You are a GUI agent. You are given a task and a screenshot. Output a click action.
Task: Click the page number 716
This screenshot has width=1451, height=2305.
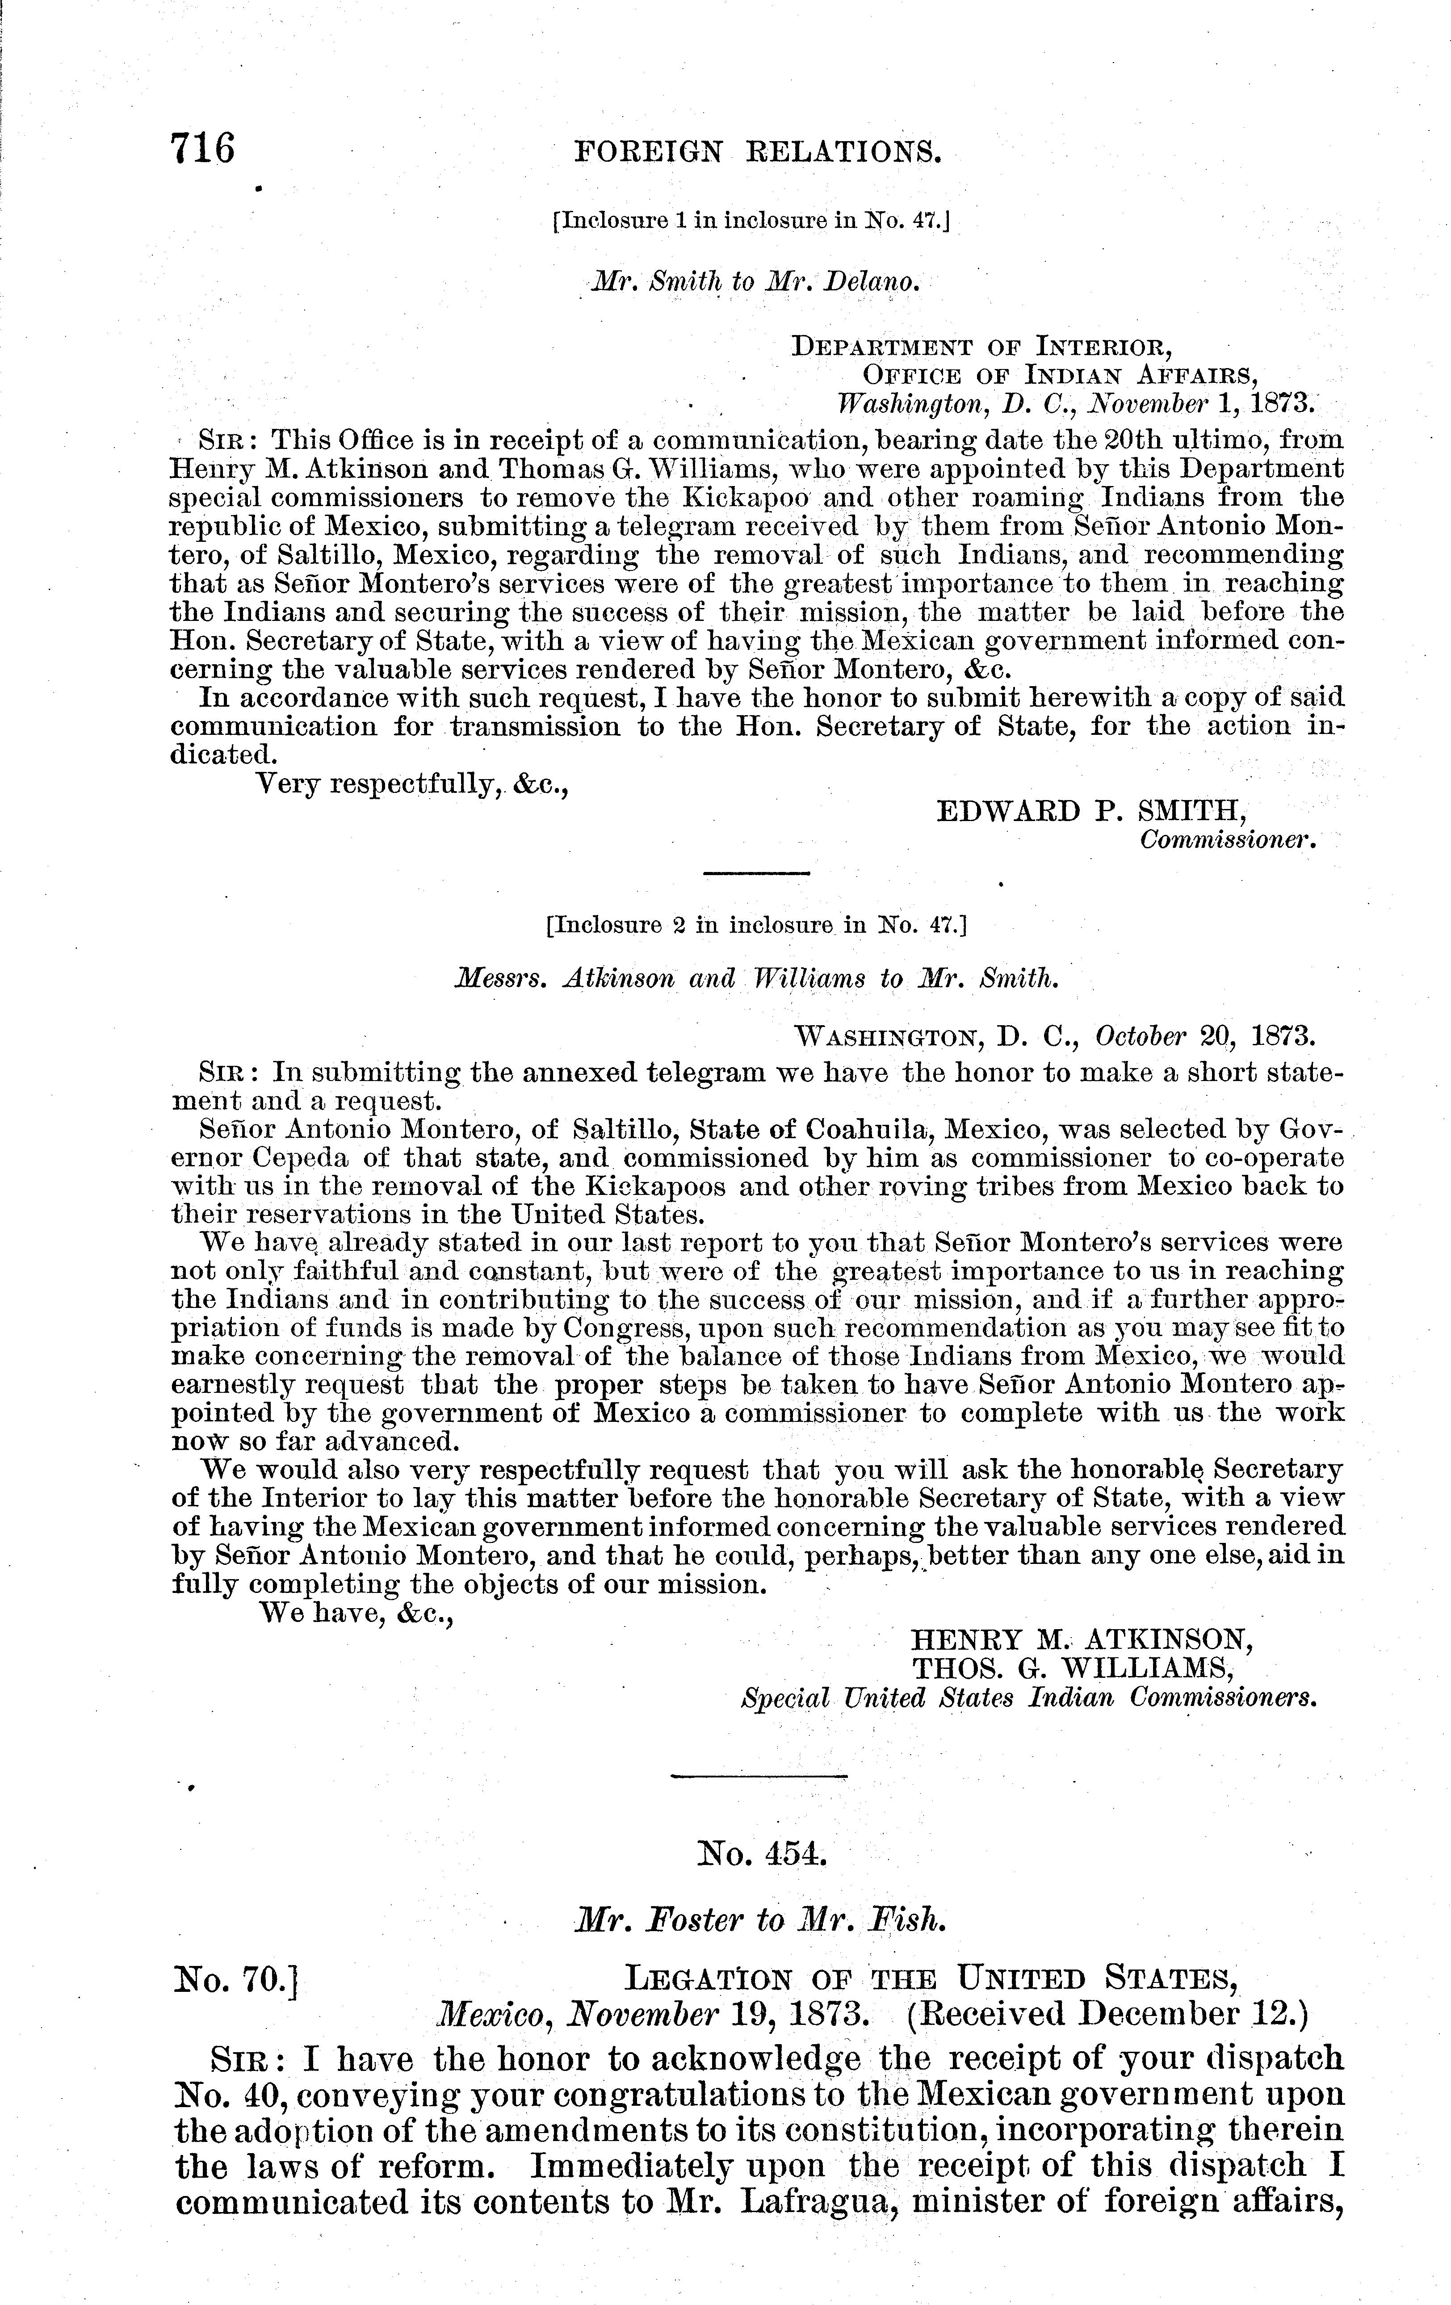coord(202,149)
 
